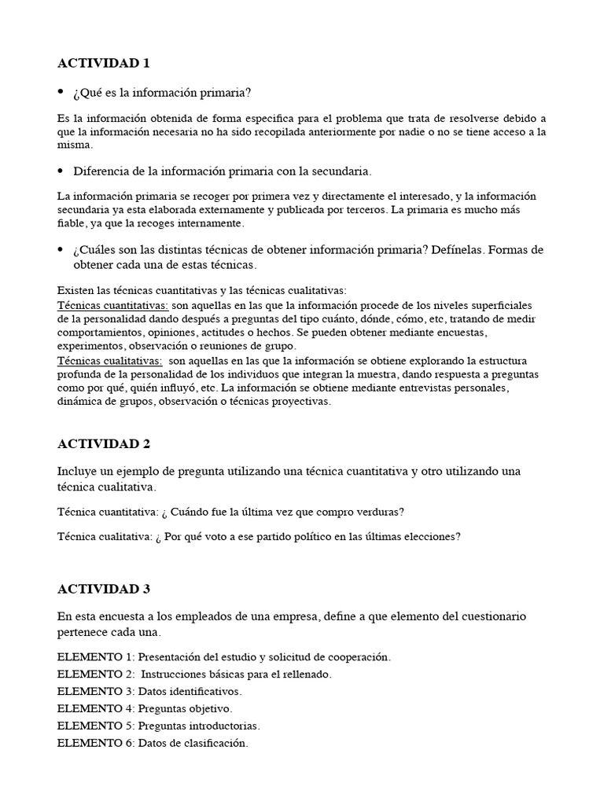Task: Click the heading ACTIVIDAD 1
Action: [104, 64]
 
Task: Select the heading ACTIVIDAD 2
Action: [104, 443]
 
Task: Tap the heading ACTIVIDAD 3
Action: [104, 588]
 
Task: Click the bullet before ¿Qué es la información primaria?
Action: [61, 93]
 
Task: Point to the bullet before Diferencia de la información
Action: [61, 171]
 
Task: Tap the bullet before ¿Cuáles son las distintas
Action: [61, 249]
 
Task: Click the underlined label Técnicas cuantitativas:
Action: [113, 305]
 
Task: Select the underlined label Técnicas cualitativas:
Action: [110, 361]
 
